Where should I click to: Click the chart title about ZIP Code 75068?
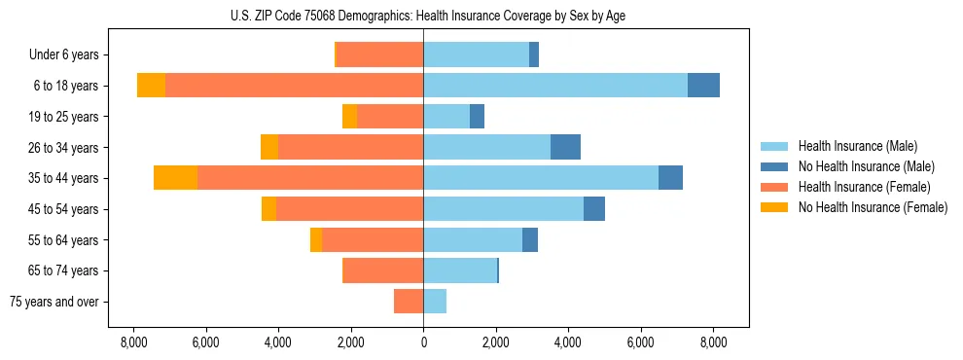point(423,16)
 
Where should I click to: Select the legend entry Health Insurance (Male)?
point(857,146)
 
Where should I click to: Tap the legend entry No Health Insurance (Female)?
point(872,207)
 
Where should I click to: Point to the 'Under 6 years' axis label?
point(64,55)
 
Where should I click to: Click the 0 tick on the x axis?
point(423,342)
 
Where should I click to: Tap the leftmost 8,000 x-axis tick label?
point(133,342)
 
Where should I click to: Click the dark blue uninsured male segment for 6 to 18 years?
point(703,86)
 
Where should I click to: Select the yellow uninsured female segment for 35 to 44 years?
point(175,178)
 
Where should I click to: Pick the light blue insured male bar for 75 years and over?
point(435,302)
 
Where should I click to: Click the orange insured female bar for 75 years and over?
point(409,302)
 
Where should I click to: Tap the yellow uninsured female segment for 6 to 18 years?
point(151,86)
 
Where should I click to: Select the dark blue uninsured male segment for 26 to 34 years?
point(565,147)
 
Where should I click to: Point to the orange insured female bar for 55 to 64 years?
point(373,240)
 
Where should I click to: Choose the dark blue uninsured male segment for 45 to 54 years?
point(594,209)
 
